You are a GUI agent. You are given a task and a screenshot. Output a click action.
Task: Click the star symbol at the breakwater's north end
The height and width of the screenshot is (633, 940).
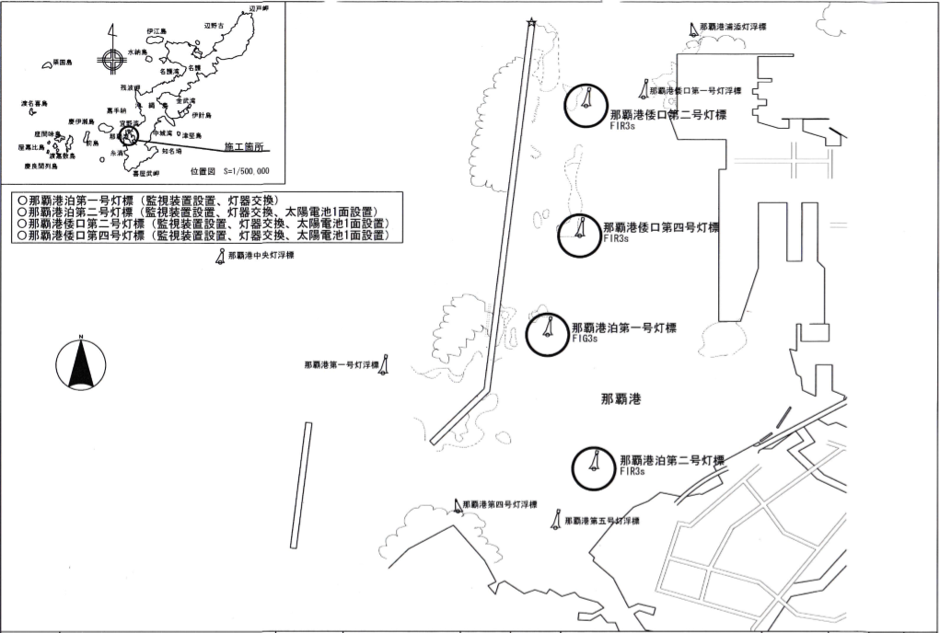pyautogui.click(x=530, y=23)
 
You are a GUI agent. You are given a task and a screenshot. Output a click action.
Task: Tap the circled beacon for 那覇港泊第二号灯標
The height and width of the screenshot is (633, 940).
pyautogui.click(x=595, y=468)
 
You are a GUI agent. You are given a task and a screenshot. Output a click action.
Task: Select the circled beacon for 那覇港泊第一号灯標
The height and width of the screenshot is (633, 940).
pyautogui.click(x=548, y=331)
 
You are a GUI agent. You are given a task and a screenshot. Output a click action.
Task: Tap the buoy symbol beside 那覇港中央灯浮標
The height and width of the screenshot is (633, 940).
pyautogui.click(x=219, y=259)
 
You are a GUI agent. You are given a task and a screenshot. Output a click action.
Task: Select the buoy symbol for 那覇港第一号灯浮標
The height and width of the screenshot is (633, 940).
pyautogui.click(x=387, y=365)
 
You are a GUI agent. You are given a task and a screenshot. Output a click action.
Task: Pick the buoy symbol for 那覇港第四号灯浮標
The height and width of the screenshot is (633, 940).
pyautogui.click(x=457, y=505)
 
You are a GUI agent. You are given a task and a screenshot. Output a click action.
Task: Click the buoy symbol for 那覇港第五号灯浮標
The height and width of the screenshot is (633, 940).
pyautogui.click(x=556, y=520)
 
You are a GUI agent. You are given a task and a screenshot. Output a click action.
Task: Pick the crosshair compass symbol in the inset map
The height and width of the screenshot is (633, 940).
pyautogui.click(x=111, y=62)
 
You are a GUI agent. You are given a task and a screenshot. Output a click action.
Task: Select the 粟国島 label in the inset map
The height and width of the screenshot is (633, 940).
pyautogui.click(x=63, y=63)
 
